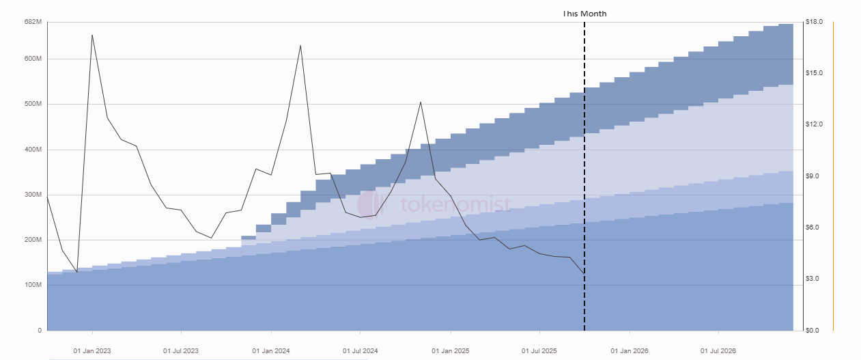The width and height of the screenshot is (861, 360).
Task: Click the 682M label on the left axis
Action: coord(33,23)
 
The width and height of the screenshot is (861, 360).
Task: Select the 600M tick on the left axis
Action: coord(33,59)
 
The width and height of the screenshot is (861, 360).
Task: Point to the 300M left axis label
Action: coord(33,195)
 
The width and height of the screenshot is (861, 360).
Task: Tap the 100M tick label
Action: coord(33,285)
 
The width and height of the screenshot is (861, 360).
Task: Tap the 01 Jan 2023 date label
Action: coord(92,351)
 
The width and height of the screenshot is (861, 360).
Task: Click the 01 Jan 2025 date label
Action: coord(451,351)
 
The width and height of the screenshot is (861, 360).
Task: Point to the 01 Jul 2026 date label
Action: coord(719,351)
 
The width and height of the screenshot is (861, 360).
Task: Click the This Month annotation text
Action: coord(584,14)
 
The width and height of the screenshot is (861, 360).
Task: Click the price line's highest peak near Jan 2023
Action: coord(92,35)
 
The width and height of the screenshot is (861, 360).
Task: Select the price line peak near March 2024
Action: coord(300,46)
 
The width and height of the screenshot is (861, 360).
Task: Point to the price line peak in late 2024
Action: coord(421,102)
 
